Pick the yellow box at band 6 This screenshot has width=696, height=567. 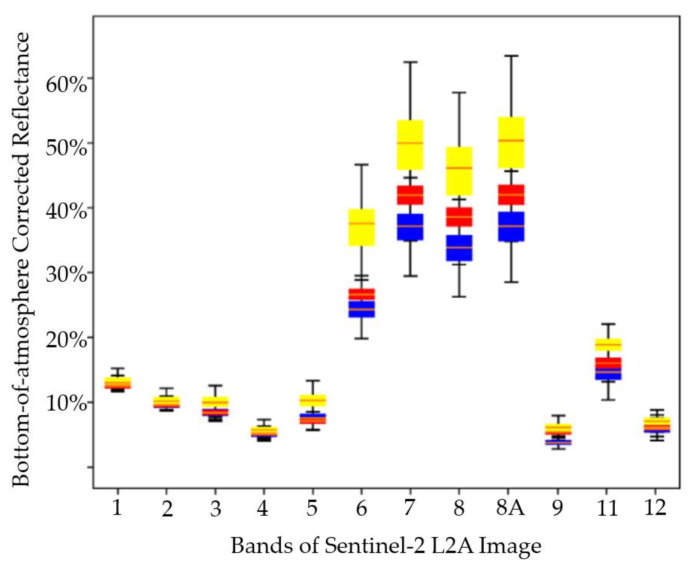[x=362, y=227]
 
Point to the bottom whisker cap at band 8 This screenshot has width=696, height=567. [x=459, y=296]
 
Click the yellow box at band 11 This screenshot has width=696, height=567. [x=608, y=345]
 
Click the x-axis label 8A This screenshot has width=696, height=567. [x=510, y=508]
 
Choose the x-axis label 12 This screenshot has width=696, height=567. [x=655, y=508]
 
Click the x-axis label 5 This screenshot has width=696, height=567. [x=312, y=508]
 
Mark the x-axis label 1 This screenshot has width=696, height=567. [x=117, y=508]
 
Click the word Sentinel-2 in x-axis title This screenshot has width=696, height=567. [x=375, y=546]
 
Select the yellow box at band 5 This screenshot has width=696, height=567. [x=313, y=400]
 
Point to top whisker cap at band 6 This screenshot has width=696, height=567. [x=362, y=165]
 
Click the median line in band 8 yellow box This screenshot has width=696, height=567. [x=459, y=168]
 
